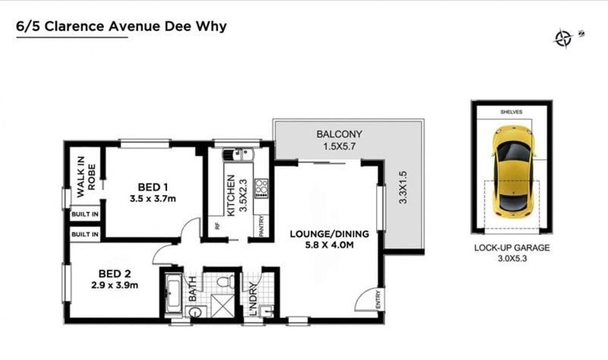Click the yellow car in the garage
pos(514,172)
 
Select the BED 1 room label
pos(153,187)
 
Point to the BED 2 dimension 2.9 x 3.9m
pos(115,286)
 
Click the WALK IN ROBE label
pos(86,177)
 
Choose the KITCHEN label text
pos(231,195)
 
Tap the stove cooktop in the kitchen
pos(261,188)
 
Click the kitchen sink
pos(238,155)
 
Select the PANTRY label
pos(261,226)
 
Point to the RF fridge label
pos(217,226)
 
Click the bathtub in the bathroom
pos(173,294)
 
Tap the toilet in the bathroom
pos(225,281)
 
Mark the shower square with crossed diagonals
pos(222,306)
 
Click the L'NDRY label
pos(253,298)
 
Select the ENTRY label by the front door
pos(378,299)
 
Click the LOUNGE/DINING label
pos(330,234)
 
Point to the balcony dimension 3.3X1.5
pos(403,188)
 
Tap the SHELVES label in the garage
pos(511,112)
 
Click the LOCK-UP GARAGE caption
pos(511,248)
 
